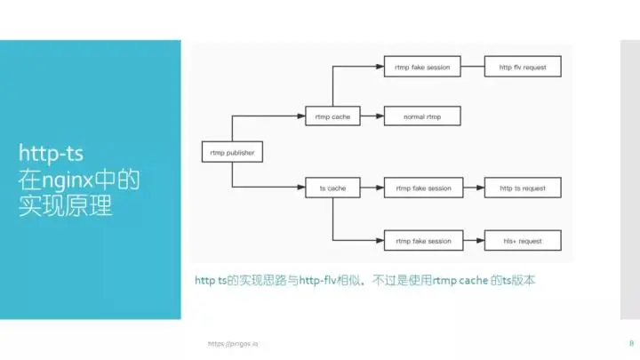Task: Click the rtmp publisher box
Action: pyautogui.click(x=232, y=152)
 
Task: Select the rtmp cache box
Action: pyautogui.click(x=333, y=116)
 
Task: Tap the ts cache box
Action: pyautogui.click(x=333, y=188)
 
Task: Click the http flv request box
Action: pyautogui.click(x=522, y=65)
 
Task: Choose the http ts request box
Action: pyautogui.click(x=522, y=188)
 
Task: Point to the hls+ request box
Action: pyautogui.click(x=522, y=241)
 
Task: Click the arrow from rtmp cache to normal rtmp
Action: pyautogui.click(x=372, y=116)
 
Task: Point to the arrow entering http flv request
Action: pyautogui.click(x=473, y=65)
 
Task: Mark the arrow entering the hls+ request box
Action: pyautogui.click(x=473, y=241)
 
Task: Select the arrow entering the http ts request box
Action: pyautogui.click(x=473, y=188)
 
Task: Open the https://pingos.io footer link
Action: pyautogui.click(x=232, y=343)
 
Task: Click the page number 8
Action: pyautogui.click(x=630, y=342)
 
